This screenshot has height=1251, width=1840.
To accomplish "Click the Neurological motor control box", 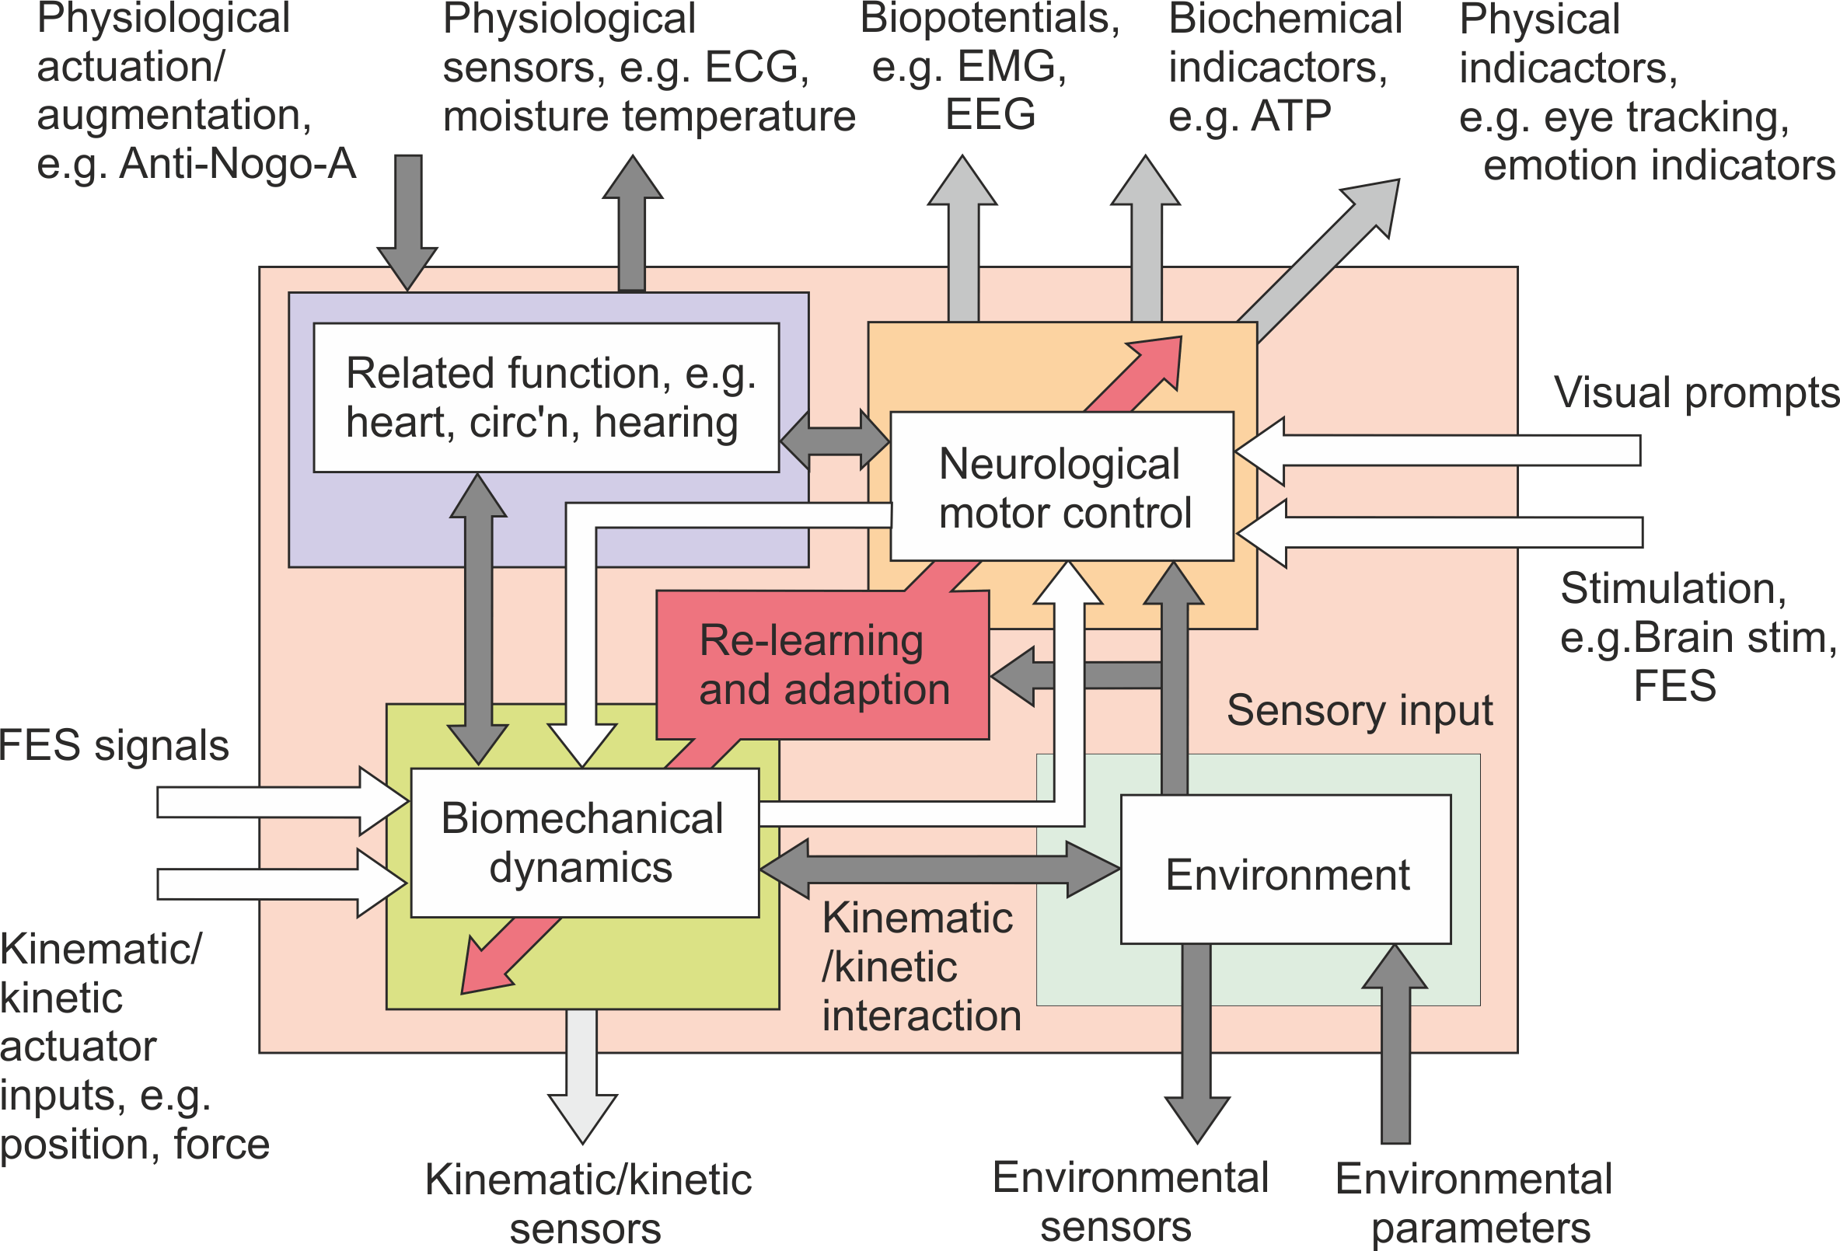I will (1062, 486).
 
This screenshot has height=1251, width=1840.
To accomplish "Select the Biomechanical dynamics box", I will (585, 843).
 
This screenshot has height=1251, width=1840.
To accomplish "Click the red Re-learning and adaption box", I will (823, 664).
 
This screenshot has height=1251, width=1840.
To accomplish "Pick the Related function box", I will (546, 397).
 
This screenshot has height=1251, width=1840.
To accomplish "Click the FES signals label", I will (114, 745).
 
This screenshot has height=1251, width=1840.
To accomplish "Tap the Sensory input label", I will (1360, 710).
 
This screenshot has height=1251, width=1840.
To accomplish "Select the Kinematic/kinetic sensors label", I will (587, 1203).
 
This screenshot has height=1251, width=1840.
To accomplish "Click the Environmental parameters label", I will (1473, 1203).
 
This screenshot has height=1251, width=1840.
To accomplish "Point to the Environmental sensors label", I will (1129, 1201).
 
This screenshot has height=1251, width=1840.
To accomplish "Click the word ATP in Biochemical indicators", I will (1290, 117).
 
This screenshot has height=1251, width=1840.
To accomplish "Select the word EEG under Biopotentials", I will (990, 115).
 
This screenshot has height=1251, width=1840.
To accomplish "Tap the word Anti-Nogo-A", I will (238, 165).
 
